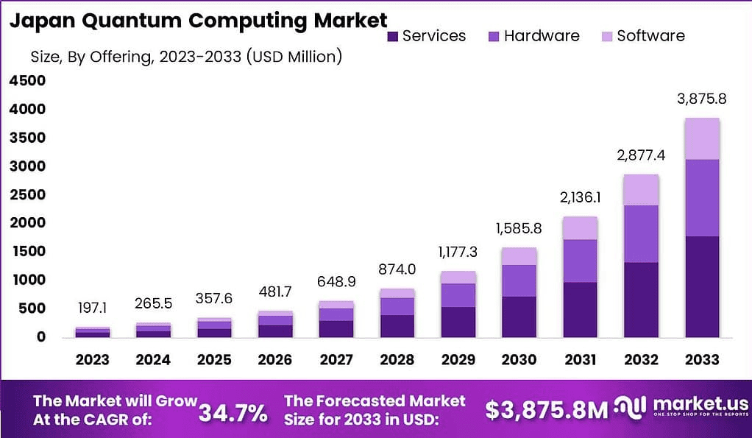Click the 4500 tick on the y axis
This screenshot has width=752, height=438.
pos(27,81)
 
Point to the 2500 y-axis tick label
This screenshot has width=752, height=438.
pos(27,194)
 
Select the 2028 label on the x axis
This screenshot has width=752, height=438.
pos(398,360)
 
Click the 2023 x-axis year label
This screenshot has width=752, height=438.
pos(92,360)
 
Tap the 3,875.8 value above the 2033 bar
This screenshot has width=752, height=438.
pos(702,99)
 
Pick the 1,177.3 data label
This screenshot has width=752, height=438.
pos(458,252)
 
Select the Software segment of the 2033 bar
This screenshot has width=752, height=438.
pos(702,138)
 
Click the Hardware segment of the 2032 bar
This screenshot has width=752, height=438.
pos(641,233)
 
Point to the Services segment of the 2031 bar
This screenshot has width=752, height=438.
pos(580,309)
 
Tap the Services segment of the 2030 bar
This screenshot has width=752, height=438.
pos(519,317)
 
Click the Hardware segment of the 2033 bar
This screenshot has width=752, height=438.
pos(702,197)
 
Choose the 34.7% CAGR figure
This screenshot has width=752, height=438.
pos(233,413)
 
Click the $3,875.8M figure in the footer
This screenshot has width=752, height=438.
pos(545,411)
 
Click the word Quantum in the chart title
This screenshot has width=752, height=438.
pos(124,21)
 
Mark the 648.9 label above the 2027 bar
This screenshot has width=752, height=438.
pos(336,282)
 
